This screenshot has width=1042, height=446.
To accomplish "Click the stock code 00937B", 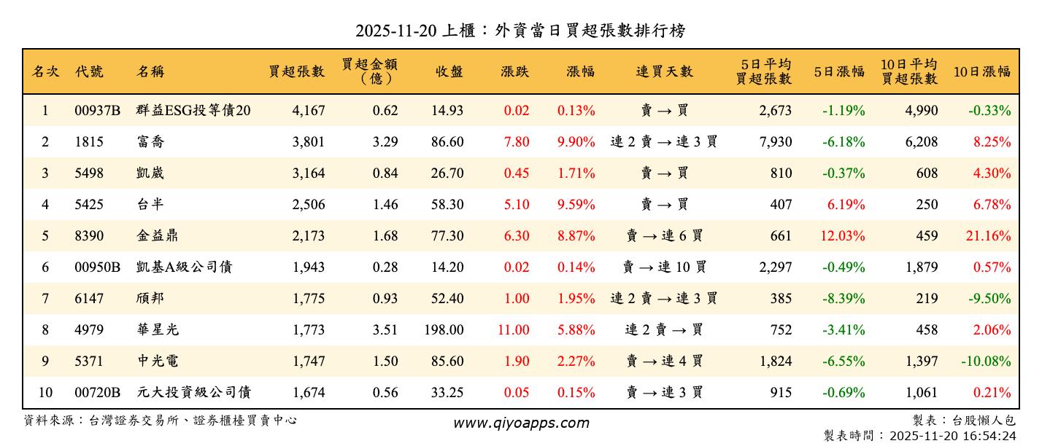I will tap(97, 111).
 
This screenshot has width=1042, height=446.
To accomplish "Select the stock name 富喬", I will tap(150, 142).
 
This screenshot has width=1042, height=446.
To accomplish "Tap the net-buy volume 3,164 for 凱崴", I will tap(308, 173).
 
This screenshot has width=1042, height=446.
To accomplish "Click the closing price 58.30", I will tap(447, 205).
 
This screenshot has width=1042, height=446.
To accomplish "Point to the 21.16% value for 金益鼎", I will tap(991, 236).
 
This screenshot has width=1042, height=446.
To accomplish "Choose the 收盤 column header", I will tap(449, 71).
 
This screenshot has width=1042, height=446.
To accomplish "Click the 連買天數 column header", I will tap(664, 71).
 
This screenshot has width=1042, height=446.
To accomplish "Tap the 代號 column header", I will tap(89, 71).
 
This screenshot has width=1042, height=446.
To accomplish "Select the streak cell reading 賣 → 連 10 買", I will tap(664, 267).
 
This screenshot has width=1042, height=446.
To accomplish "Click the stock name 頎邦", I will tap(150, 299).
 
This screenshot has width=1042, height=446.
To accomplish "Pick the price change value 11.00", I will tap(513, 330).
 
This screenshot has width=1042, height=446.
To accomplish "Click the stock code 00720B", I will tap(97, 393).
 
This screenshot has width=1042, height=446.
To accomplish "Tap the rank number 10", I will tap(45, 393).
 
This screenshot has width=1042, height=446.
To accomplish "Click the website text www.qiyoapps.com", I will tap(521, 423).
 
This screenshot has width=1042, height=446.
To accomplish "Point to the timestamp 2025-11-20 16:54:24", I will tap(952, 436).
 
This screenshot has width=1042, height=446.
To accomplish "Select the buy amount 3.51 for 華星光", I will tap(385, 330).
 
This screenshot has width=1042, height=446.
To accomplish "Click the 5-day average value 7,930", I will tap(775, 142).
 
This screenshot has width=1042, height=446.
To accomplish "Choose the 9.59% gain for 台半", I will tap(576, 205).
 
